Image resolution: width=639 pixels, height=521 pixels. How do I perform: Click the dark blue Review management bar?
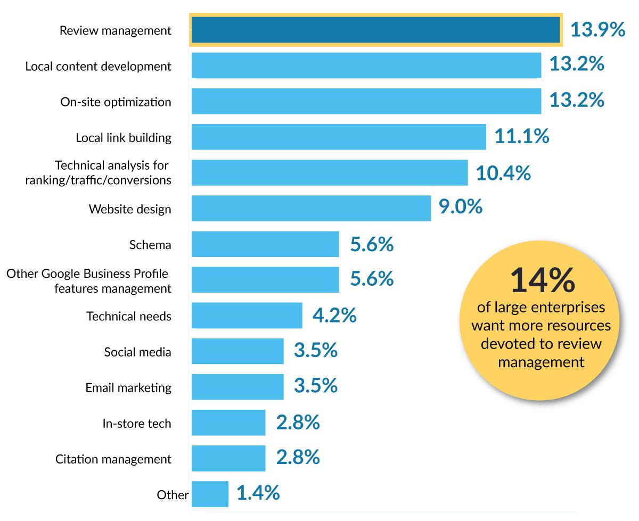375,30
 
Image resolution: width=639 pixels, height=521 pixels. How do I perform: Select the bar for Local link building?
339,137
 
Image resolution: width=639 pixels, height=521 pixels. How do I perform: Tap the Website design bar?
311,208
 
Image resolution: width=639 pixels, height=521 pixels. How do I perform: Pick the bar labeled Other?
210,494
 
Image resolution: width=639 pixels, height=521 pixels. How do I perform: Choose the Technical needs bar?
247,316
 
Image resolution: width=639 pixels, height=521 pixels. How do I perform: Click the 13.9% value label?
597,30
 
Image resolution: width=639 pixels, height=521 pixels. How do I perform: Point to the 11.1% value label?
521,137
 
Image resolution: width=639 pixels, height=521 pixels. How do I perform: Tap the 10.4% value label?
503,173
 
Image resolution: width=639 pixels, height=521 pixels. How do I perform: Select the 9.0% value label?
461,208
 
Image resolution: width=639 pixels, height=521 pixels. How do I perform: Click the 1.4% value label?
258,493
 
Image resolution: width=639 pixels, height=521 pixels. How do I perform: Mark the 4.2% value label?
334,316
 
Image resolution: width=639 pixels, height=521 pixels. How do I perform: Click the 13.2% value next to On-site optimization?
577,101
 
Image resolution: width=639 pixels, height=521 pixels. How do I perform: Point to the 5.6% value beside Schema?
372,245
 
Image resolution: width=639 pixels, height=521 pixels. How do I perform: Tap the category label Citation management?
113,459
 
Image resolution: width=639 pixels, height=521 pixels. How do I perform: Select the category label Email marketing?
128,387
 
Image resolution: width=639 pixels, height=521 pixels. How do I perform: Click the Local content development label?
99,66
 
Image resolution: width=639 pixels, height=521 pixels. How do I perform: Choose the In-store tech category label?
137,423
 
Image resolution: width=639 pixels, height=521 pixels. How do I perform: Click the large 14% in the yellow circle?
542,280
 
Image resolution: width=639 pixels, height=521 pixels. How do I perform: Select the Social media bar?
237,351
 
